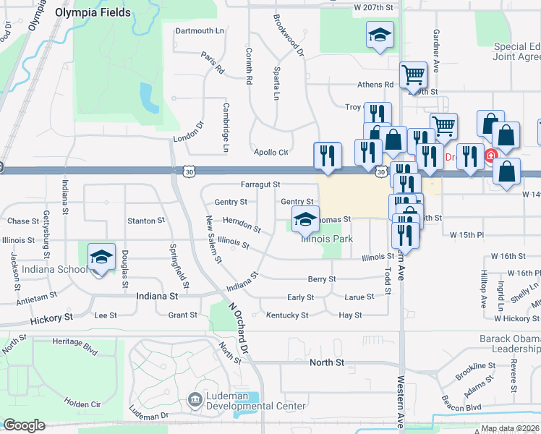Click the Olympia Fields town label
click(93, 12)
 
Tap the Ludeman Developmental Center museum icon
click(195, 399)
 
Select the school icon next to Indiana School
click(101, 257)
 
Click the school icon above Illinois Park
click(306, 219)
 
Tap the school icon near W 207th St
click(378, 35)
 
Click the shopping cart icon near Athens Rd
click(413, 73)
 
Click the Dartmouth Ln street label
click(199, 31)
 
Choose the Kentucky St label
click(287, 315)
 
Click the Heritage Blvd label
click(76, 349)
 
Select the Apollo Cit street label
click(270, 153)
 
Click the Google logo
click(24, 425)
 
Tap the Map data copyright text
click(510, 429)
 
